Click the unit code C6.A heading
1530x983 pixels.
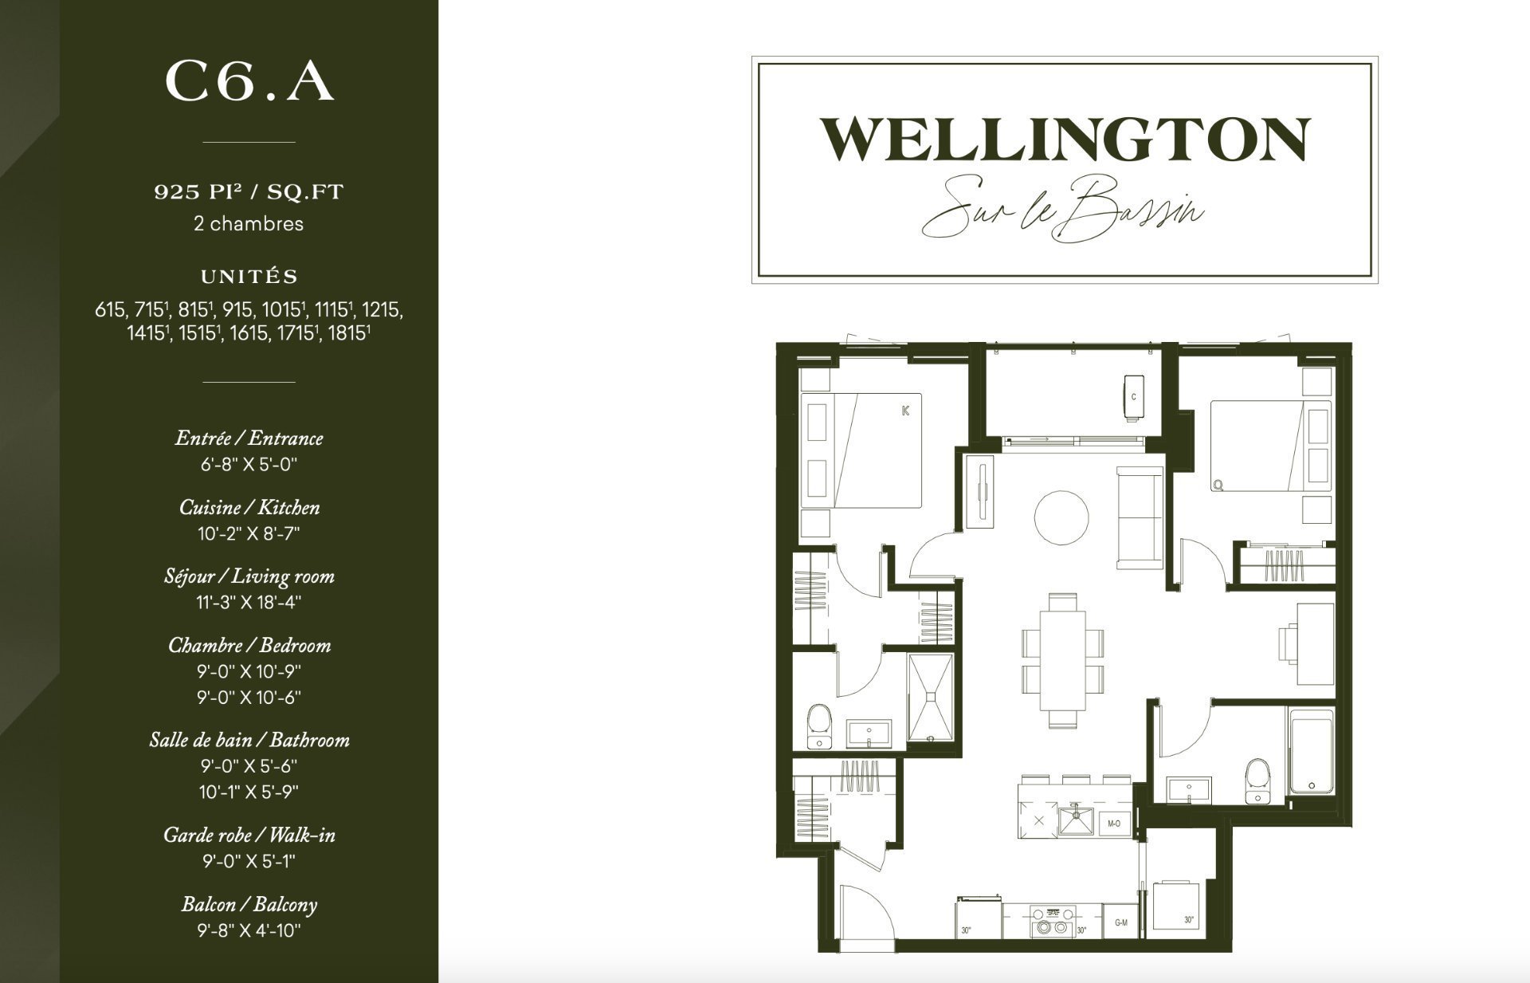pos(249,82)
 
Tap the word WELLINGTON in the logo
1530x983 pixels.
pos(1065,140)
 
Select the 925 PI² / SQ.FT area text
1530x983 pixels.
pos(249,192)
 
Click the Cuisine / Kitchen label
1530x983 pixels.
pos(249,507)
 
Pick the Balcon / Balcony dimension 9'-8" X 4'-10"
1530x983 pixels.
pos(249,930)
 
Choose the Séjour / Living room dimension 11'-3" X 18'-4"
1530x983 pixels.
pos(249,602)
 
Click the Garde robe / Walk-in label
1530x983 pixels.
pos(249,835)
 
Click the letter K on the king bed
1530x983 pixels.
pos(905,411)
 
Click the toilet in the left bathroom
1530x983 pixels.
pos(818,725)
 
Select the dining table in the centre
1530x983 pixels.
pos(1062,659)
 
